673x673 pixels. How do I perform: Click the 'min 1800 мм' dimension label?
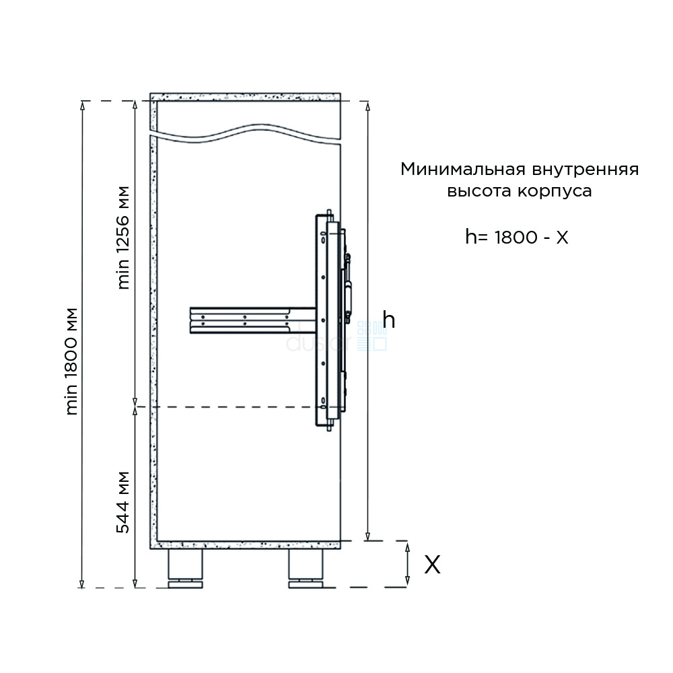pos(72,361)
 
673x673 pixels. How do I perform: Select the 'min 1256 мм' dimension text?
pos(123,238)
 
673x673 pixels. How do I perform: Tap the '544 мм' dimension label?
pos(123,503)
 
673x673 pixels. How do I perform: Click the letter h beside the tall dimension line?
pos(389,320)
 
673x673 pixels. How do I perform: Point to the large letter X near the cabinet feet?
pos(432,565)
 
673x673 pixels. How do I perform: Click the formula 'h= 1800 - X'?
pos(517,237)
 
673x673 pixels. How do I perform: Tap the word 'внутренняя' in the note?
pos(586,170)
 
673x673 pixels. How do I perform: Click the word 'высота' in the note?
pos(479,191)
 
